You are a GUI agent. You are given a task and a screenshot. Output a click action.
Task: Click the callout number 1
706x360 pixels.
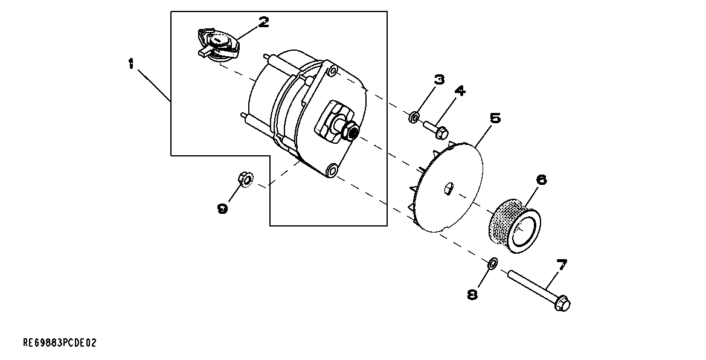pos(130,64)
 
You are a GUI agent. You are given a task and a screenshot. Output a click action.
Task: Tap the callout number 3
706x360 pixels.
pos(439,79)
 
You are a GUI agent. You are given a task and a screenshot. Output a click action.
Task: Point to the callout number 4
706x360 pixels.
pos(460,91)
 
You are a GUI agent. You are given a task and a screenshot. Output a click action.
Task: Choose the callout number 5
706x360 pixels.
pos(495,117)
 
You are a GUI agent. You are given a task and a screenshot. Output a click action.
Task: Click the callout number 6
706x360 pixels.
pos(541,179)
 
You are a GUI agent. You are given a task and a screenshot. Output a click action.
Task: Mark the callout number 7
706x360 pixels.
pos(561,265)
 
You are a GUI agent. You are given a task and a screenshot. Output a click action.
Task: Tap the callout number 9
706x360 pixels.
pos(222,208)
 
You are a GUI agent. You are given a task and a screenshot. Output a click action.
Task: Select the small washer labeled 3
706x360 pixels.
pos(414,115)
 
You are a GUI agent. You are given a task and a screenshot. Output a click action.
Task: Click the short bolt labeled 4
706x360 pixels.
pos(435,128)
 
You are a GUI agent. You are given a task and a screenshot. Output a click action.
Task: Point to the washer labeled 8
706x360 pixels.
pos(492,263)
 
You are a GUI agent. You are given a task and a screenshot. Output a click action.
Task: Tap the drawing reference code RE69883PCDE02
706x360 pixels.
pos(59,343)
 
